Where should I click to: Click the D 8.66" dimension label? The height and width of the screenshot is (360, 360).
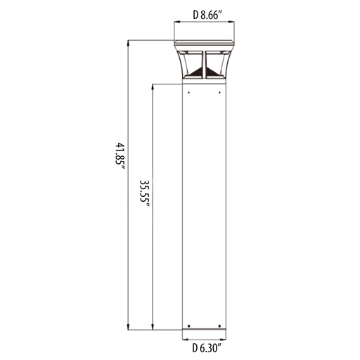pos(207,15)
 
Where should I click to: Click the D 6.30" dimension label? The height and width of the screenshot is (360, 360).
pos(207,348)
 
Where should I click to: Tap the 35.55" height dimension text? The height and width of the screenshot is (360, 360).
pos(145,193)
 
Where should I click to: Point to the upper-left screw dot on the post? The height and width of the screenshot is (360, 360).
pos(189,93)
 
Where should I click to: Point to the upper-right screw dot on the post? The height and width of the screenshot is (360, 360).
pos(219,93)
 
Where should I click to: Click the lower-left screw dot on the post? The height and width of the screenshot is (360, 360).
pos(189,326)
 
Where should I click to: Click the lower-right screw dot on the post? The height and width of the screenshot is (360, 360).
pos(219,326)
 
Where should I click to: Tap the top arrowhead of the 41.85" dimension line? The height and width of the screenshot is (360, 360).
pos(128,44)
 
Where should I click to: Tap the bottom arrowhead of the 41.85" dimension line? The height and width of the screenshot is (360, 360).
pos(128,327)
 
